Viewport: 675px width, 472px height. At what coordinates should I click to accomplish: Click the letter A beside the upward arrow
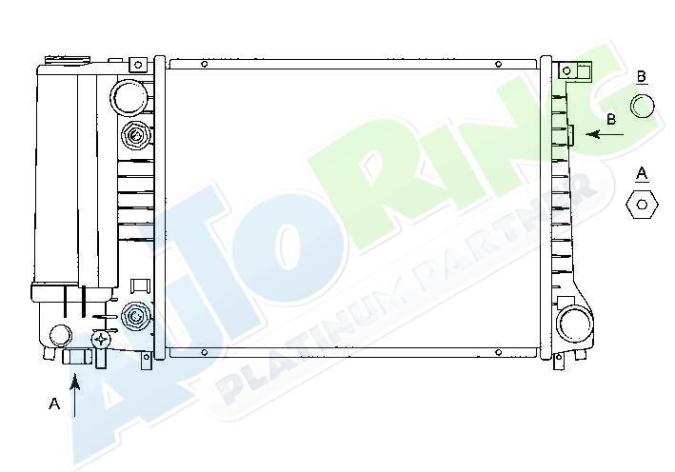(x=54, y=403)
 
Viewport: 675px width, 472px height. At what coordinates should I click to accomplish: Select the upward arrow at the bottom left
(x=75, y=395)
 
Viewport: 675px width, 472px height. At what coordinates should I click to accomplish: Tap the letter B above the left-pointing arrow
(x=611, y=119)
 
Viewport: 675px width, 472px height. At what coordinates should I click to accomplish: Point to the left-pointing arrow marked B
(x=605, y=135)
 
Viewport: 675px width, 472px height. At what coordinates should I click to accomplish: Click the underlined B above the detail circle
(x=641, y=77)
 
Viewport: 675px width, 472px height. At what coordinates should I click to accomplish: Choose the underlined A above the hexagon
(x=642, y=174)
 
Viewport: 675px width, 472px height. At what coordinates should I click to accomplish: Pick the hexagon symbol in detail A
(x=642, y=205)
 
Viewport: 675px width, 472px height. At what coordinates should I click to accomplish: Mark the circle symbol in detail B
(x=643, y=106)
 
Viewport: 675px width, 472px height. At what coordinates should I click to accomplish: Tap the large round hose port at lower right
(x=574, y=324)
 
